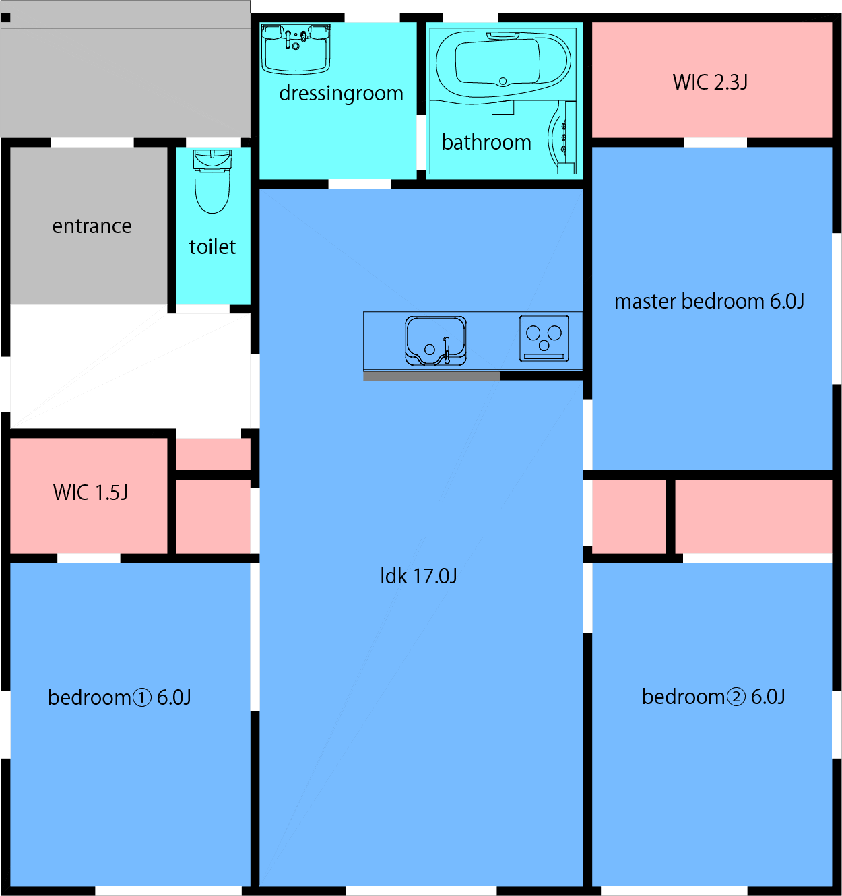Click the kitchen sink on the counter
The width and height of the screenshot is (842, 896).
pyautogui.click(x=435, y=341)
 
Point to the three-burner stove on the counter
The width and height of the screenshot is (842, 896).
pyautogui.click(x=544, y=338)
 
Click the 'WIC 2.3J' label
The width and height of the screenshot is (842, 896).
pyautogui.click(x=710, y=82)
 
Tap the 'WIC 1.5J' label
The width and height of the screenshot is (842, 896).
pyautogui.click(x=90, y=492)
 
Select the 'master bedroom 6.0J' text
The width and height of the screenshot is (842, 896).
pyautogui.click(x=709, y=301)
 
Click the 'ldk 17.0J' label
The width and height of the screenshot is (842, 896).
pyautogui.click(x=418, y=576)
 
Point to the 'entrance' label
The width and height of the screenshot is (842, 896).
pyautogui.click(x=92, y=226)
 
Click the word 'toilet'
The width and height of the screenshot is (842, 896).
pyautogui.click(x=212, y=247)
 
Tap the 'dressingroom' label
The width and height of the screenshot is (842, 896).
pyautogui.click(x=341, y=93)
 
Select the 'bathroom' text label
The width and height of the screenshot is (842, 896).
pyautogui.click(x=486, y=142)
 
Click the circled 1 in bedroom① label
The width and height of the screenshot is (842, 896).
pyautogui.click(x=142, y=697)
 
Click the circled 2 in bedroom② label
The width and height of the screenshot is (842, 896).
pyautogui.click(x=736, y=697)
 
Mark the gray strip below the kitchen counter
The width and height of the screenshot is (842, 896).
pyautogui.click(x=431, y=376)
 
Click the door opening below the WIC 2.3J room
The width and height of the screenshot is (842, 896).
pyautogui.click(x=715, y=142)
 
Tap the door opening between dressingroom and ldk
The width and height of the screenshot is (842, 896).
pyautogui.click(x=359, y=184)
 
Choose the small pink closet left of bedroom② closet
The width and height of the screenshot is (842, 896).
pyautogui.click(x=628, y=516)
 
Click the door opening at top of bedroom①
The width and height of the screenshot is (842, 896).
pyautogui.click(x=88, y=558)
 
